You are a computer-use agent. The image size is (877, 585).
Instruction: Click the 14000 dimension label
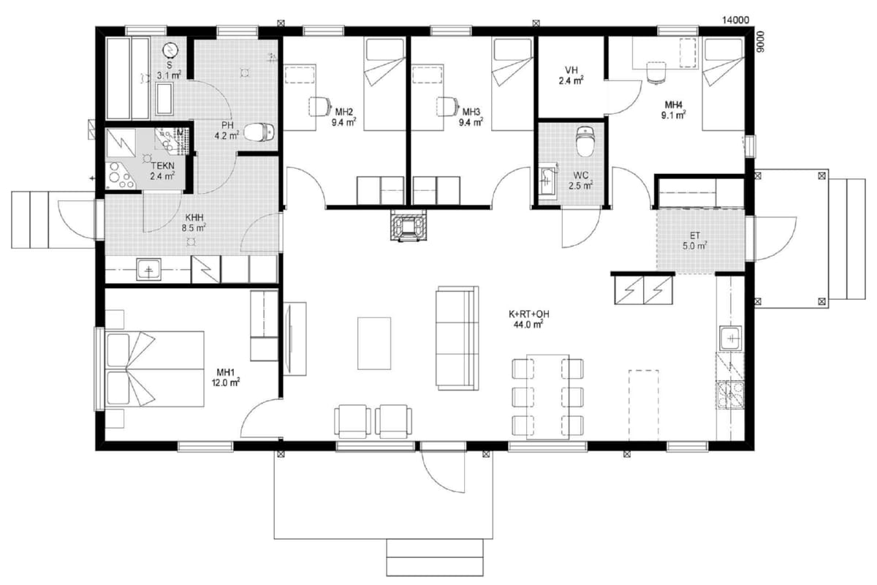tap(736, 20)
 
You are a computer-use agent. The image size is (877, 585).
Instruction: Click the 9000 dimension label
tap(760, 42)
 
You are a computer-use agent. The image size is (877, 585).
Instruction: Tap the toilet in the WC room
tap(585, 141)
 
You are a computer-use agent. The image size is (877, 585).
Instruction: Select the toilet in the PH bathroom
tap(259, 132)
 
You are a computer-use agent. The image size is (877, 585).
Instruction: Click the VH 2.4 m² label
tap(572, 75)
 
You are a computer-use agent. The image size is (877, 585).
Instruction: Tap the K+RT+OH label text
tap(528, 314)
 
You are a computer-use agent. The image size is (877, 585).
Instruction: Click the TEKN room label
tap(162, 166)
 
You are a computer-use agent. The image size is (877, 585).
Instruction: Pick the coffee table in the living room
tap(374, 343)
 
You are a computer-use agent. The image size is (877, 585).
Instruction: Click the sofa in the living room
tap(458, 338)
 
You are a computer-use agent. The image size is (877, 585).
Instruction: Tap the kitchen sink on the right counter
tap(731, 338)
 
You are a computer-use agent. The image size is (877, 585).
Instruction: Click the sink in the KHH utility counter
tap(148, 269)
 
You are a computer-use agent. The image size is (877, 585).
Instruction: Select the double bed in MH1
tap(155, 369)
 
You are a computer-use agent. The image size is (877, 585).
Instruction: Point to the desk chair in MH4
tap(656, 72)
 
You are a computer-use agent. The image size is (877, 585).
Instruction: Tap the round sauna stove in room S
tap(170, 50)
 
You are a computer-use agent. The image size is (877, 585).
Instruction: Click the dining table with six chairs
tap(547, 397)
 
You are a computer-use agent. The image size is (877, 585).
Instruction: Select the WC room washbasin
tap(547, 181)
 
